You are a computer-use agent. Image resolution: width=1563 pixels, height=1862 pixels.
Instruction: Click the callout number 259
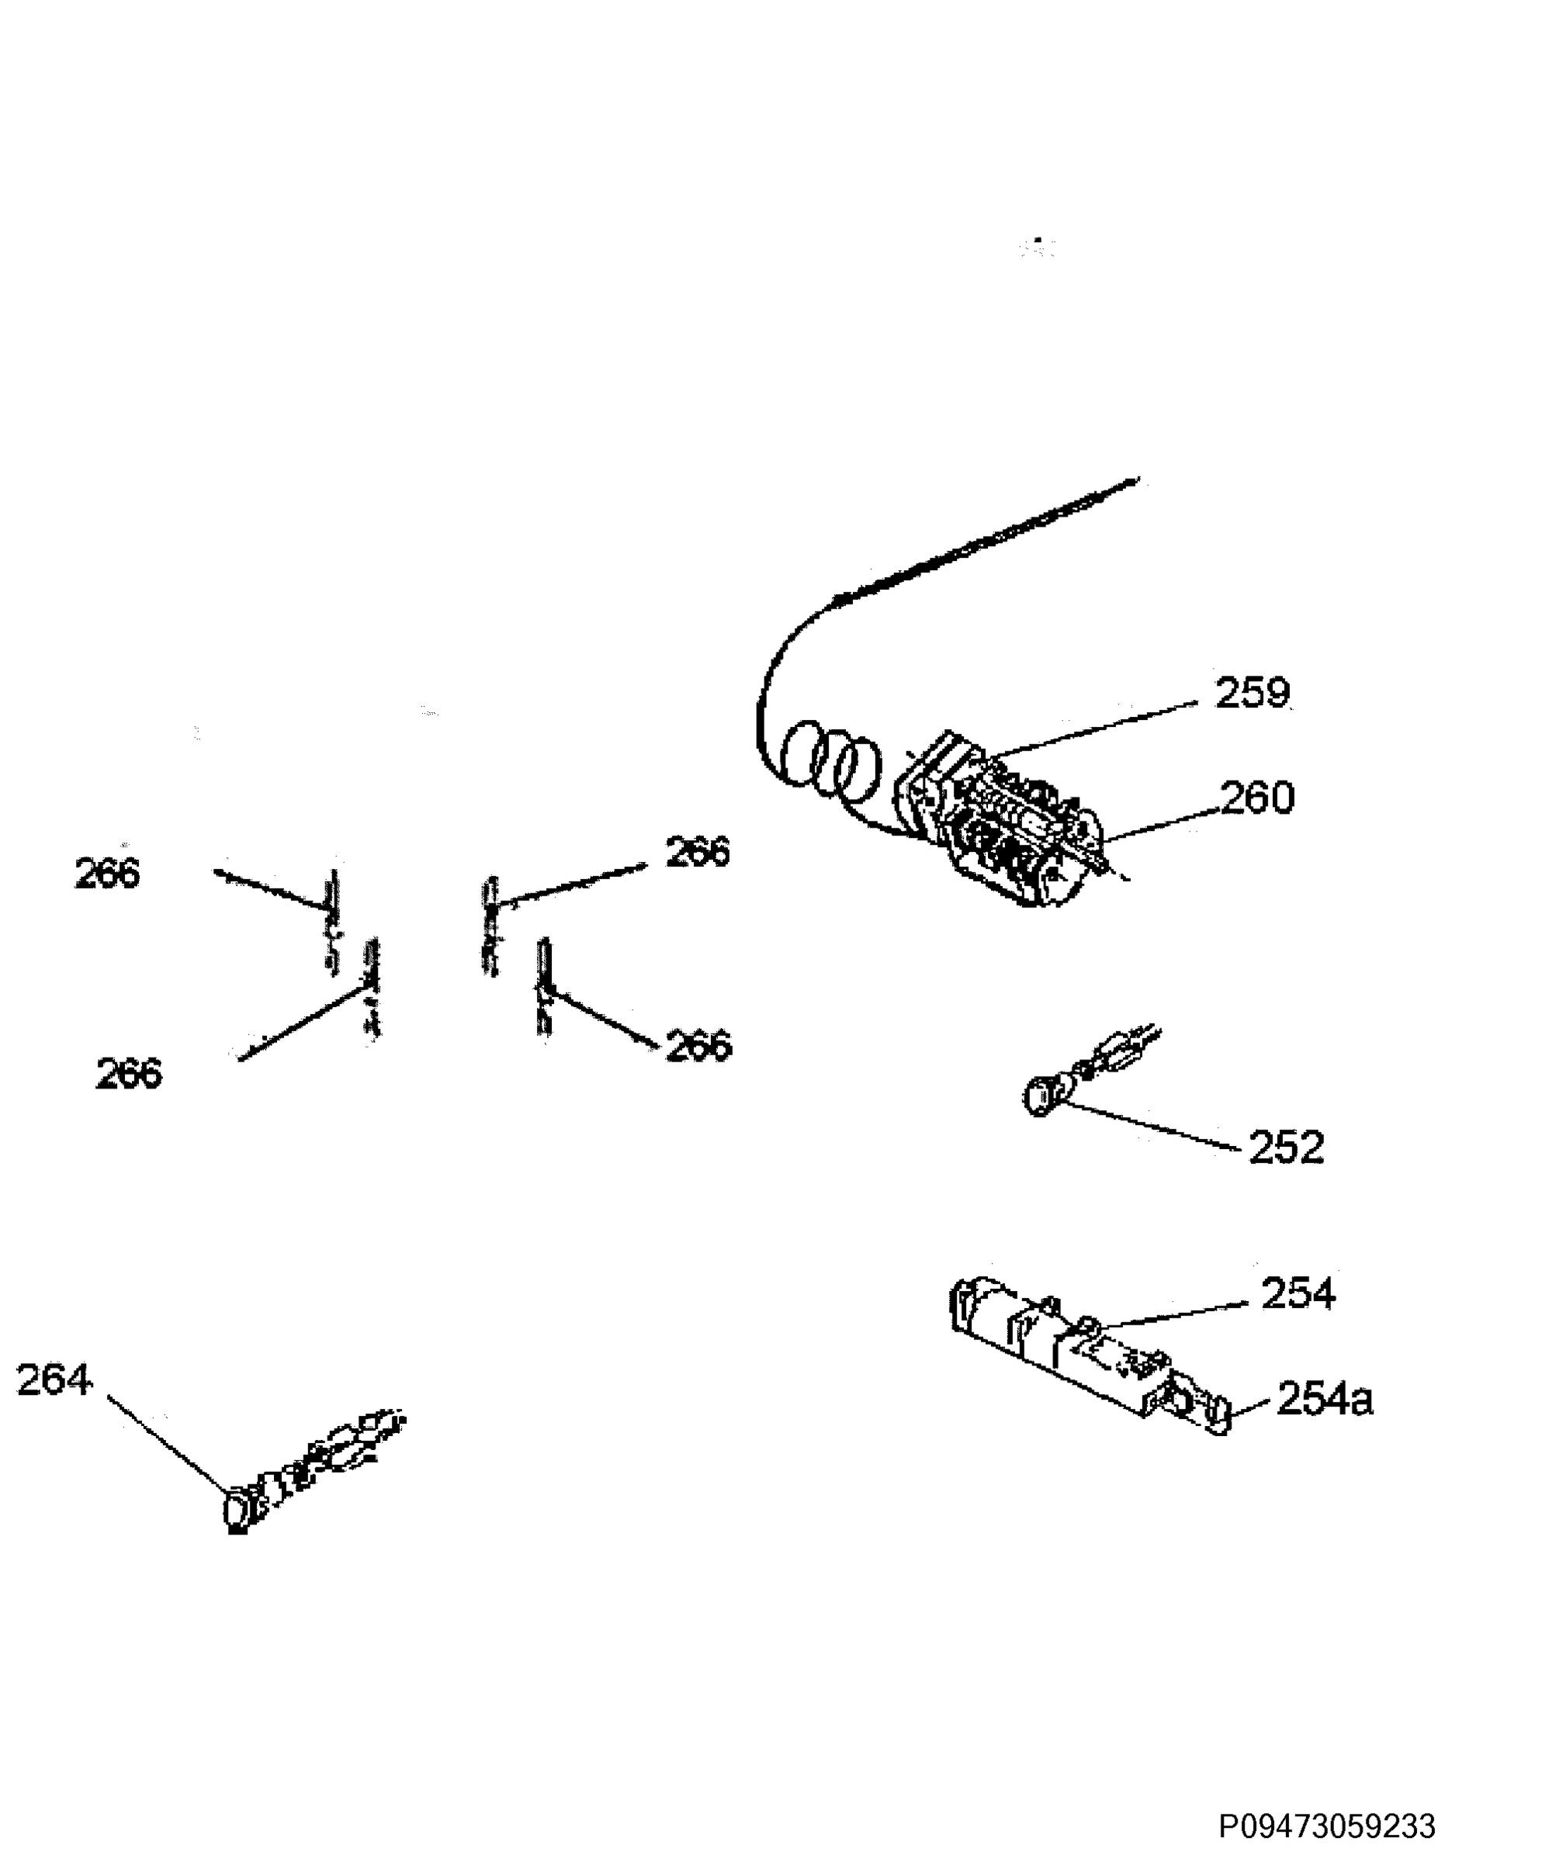pos(1252,694)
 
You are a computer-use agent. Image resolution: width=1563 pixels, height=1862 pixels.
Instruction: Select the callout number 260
pos(1258,798)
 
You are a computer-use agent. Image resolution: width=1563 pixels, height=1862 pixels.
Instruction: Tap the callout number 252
pos(1286,1147)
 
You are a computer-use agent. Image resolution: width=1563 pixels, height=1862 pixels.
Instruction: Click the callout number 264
pos(54,1380)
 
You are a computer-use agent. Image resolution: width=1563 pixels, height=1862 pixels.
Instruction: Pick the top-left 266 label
pos(107,874)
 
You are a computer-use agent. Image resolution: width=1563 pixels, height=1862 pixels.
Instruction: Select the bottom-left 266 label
pos(129,1074)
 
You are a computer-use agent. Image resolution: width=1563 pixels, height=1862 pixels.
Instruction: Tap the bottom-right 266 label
pos(699,1047)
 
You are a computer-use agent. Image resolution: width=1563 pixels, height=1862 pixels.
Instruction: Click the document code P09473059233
pos(1327,1826)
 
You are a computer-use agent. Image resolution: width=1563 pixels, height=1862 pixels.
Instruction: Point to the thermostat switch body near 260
pos(1003,820)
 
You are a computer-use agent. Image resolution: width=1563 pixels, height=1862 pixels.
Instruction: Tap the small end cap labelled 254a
pos(1218,1414)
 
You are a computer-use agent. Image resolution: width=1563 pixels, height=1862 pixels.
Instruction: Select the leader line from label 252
pos(1152,1126)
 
